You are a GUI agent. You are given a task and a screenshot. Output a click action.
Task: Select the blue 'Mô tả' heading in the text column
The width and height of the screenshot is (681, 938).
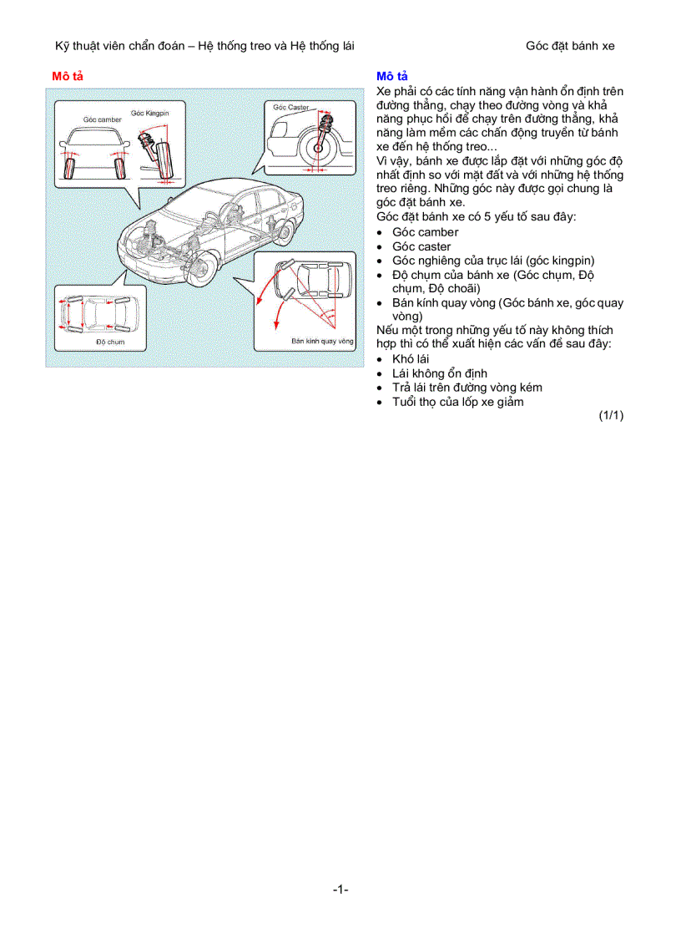point(392,76)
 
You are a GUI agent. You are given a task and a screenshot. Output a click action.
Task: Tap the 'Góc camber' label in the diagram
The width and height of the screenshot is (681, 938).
point(102,119)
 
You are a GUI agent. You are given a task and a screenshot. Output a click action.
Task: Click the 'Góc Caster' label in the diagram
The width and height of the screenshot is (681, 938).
point(290,108)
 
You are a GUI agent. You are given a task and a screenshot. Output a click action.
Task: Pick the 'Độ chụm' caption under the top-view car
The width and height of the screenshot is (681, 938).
point(109,342)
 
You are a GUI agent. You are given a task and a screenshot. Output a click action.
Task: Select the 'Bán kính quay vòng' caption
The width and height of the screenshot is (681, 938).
point(322,341)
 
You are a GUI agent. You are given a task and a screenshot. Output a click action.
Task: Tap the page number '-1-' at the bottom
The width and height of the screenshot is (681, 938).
point(340,890)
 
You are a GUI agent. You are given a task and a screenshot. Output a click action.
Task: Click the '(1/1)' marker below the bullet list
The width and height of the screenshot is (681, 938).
point(610,415)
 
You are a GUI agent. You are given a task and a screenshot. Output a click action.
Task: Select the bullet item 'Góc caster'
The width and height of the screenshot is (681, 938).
point(421,246)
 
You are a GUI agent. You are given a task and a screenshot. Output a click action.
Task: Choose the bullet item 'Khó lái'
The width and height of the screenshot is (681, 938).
point(411,359)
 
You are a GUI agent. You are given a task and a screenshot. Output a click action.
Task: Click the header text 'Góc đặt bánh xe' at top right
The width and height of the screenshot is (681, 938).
point(570,46)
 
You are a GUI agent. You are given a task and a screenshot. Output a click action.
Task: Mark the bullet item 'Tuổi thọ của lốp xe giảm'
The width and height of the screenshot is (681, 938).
point(458,402)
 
